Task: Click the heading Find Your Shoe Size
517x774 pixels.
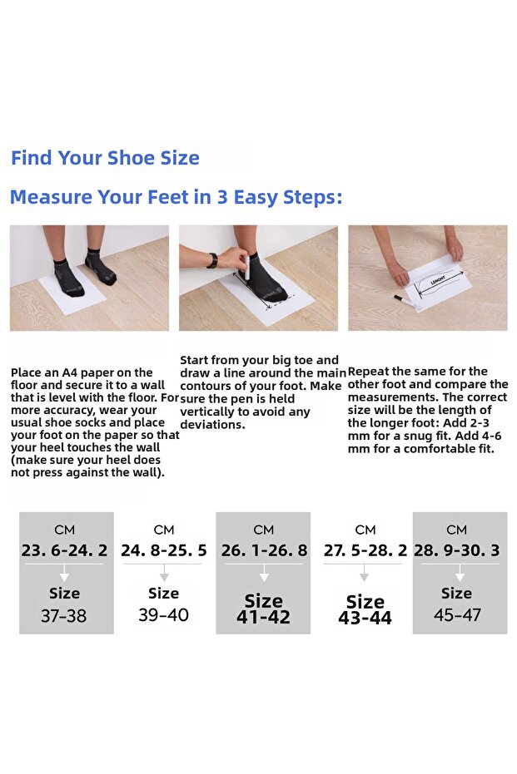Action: click(105, 158)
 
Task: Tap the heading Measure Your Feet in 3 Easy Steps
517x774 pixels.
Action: click(176, 197)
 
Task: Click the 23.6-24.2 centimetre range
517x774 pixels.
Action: click(64, 550)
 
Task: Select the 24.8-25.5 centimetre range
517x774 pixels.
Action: click(164, 550)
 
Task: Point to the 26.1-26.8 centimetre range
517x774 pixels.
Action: click(264, 550)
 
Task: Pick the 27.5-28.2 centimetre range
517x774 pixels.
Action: click(365, 550)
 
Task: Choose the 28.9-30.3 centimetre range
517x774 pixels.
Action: click(457, 550)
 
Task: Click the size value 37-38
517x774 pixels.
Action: click(64, 615)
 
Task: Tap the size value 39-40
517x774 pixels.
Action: click(164, 614)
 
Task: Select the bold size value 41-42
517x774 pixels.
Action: click(263, 617)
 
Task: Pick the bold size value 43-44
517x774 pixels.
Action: click(365, 618)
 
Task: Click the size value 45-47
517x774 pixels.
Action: click(457, 614)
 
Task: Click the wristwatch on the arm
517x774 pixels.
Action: click(212, 260)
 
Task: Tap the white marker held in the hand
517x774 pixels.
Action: click(246, 269)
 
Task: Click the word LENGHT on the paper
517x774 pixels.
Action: click(437, 280)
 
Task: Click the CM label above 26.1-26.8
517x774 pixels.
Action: click(263, 530)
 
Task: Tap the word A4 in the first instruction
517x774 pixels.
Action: click(70, 372)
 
